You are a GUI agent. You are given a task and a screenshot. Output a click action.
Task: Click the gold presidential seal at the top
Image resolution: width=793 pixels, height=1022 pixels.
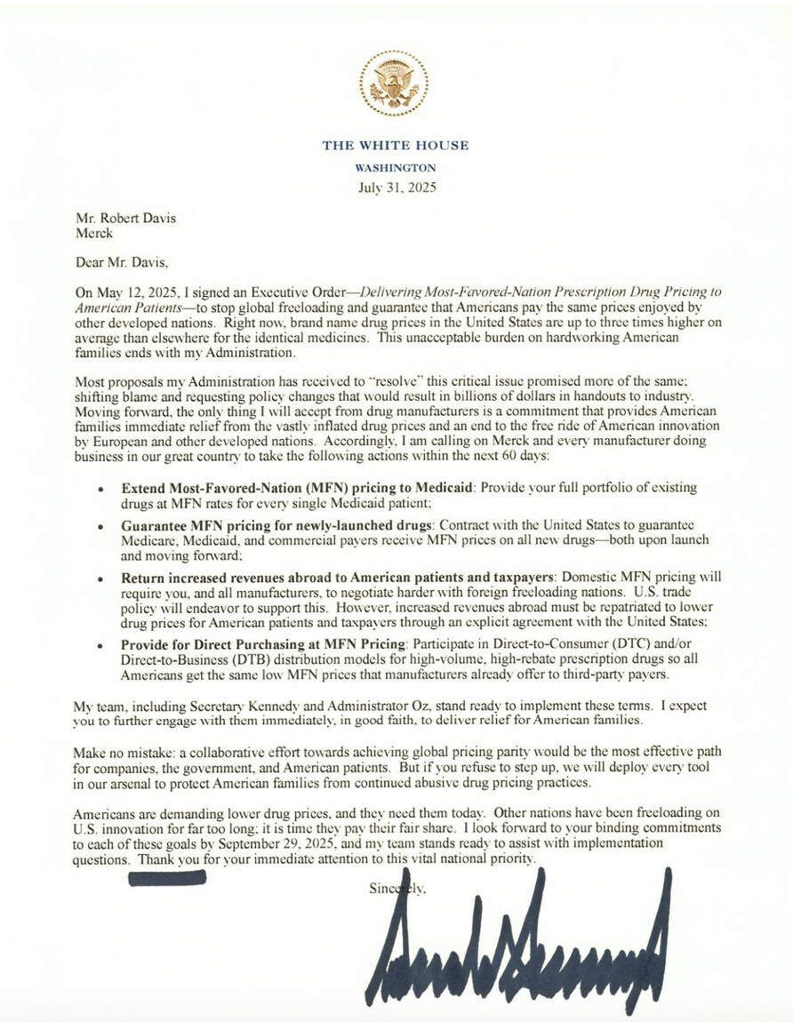pyautogui.click(x=396, y=85)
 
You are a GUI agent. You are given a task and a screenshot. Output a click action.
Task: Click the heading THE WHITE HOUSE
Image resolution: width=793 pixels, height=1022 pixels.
pyautogui.click(x=396, y=146)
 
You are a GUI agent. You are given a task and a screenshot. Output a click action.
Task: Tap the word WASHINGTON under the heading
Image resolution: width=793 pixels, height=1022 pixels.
pyautogui.click(x=396, y=167)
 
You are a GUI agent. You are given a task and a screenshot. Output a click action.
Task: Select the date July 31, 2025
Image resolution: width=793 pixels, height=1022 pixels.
pyautogui.click(x=396, y=188)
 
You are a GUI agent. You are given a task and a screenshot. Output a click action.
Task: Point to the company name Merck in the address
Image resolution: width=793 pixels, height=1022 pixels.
pyautogui.click(x=94, y=233)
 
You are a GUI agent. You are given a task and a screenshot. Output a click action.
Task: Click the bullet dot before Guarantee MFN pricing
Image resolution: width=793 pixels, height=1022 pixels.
pyautogui.click(x=104, y=526)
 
